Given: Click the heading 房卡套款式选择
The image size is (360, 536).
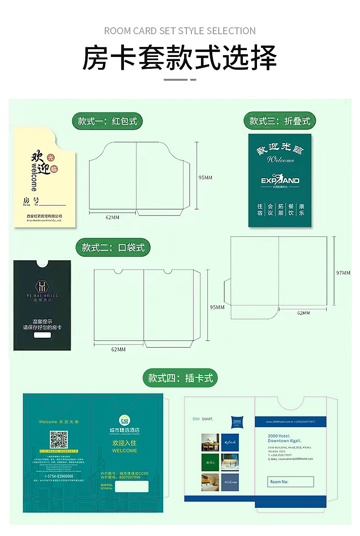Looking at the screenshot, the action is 180,58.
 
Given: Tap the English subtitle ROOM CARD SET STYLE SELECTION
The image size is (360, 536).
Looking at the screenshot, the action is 180,31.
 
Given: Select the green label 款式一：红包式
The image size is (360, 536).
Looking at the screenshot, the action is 107,121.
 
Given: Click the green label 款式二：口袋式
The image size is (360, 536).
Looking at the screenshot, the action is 113,247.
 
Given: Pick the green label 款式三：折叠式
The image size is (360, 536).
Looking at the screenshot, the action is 279,121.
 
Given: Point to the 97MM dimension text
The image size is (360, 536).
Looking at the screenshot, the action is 343,273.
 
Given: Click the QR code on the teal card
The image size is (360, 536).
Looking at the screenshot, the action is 59,439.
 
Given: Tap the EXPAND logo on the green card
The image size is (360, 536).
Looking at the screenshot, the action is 280,180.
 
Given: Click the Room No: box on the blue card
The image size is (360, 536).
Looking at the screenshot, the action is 291,482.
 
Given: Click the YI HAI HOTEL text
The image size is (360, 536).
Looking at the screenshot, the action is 42,296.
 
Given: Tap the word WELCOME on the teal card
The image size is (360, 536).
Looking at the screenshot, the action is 124,450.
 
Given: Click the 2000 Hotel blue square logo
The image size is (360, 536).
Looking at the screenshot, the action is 237,422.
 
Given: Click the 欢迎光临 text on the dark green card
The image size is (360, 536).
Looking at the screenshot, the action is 280,149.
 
